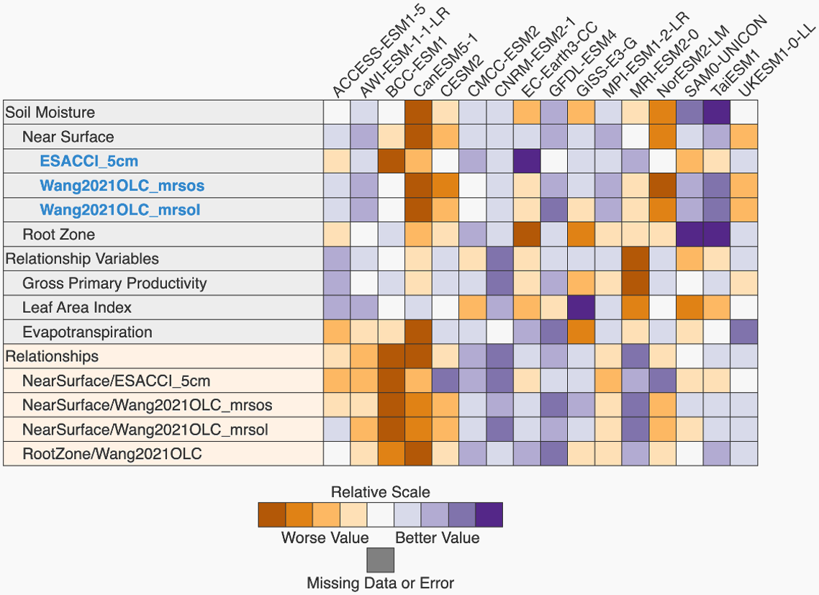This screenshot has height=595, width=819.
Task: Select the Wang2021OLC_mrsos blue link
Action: [x=122, y=186]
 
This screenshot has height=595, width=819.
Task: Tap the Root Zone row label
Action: [x=58, y=235]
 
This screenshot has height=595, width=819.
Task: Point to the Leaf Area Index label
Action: [x=77, y=307]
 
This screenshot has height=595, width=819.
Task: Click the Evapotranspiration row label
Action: [x=87, y=332]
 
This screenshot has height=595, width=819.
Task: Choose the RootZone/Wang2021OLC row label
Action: [x=112, y=454]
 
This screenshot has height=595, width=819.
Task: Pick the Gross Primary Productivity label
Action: [x=114, y=283]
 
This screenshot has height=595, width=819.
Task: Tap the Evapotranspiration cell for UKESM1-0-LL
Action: [x=743, y=332]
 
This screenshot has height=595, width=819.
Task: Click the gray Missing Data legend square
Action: [x=380, y=560]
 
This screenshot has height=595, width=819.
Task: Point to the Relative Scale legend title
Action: [x=380, y=493]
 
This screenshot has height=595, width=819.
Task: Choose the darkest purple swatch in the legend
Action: [x=489, y=515]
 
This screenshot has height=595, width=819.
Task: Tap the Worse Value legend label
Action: [x=325, y=537]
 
